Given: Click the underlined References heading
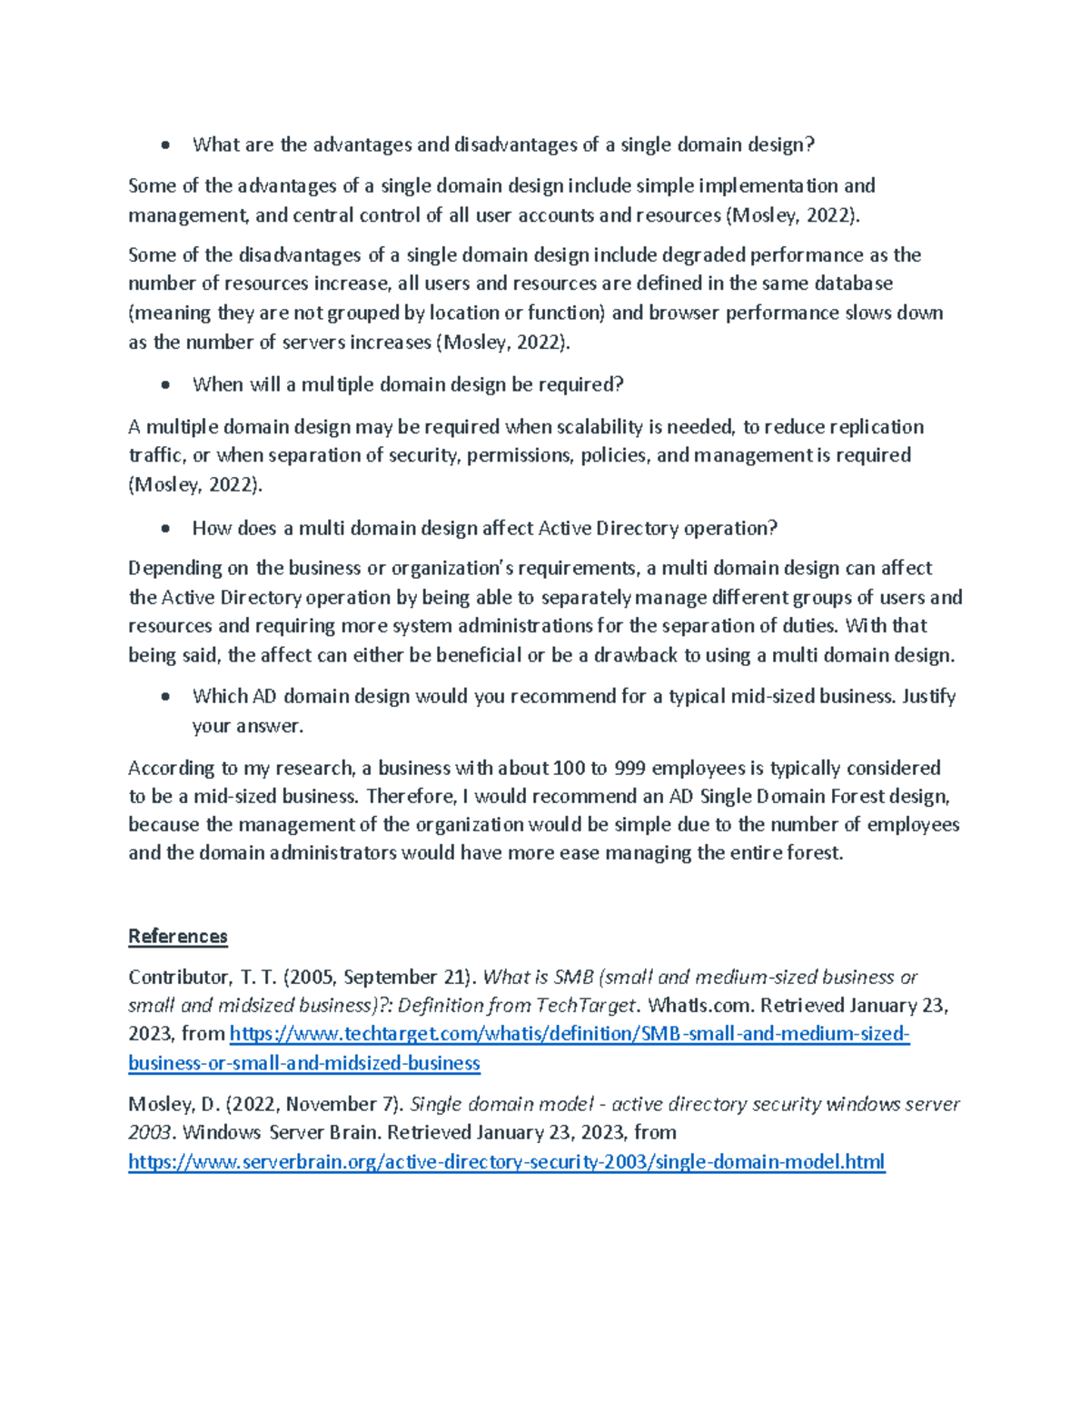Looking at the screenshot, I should click(177, 936).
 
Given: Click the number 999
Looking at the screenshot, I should click(629, 768).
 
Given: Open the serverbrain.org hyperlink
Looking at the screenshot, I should click(506, 1161).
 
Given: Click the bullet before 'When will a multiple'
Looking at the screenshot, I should click(164, 385).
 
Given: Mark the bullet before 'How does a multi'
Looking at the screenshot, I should click(164, 529).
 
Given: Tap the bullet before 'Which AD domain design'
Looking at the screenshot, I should click(164, 697).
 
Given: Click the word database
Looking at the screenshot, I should click(853, 283).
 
